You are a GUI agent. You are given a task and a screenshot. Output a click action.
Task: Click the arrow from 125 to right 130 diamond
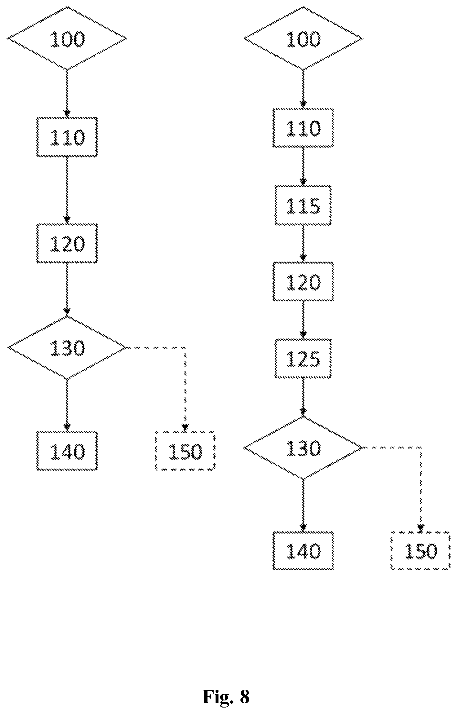pyautogui.click(x=303, y=397)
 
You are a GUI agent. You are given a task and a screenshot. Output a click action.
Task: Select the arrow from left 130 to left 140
pyautogui.click(x=67, y=405)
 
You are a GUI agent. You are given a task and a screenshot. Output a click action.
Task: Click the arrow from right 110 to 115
pyautogui.click(x=303, y=167)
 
